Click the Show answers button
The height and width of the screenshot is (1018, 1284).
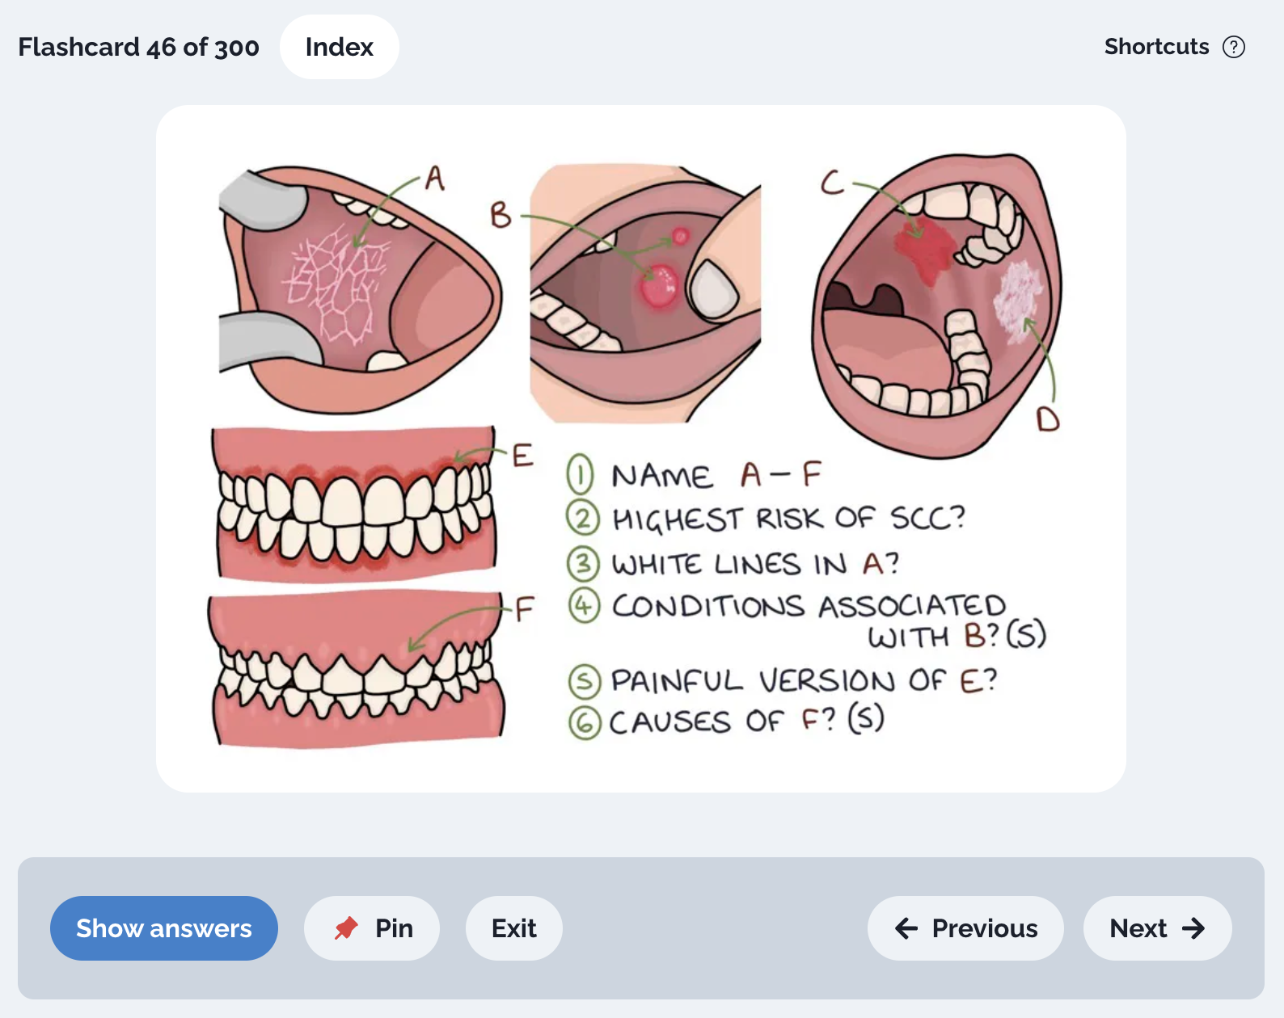pos(163,928)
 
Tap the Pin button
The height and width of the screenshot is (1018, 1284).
pos(372,928)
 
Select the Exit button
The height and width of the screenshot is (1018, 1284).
pos(513,928)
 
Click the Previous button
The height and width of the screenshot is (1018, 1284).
pos(965,928)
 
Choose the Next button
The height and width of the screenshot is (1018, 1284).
pos(1158,928)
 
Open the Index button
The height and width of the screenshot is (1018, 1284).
pos(339,47)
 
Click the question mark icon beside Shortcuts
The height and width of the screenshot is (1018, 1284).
pos(1233,47)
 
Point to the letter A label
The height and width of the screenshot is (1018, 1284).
pos(435,178)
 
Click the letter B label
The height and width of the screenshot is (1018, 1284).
pos(500,215)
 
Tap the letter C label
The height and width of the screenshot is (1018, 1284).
pos(832,182)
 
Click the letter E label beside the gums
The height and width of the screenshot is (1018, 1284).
pos(522,456)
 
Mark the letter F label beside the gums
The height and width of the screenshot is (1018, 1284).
pos(524,609)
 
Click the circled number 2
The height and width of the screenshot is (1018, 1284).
pos(582,518)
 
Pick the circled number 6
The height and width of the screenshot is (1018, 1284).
pos(584,723)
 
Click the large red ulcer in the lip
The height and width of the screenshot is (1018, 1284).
pos(659,285)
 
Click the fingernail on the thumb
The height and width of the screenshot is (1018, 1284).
pos(714,289)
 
